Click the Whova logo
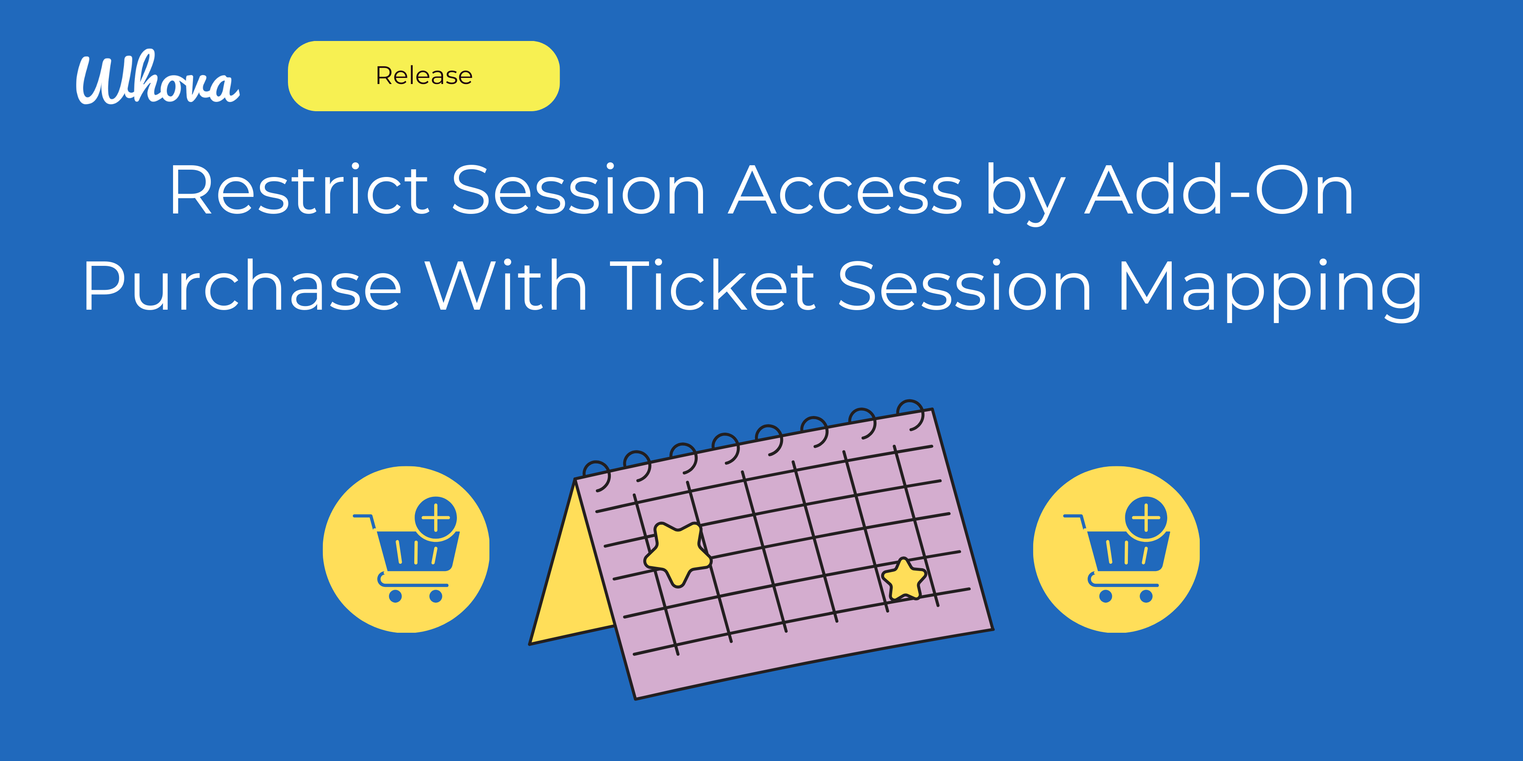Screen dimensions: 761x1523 coord(157,78)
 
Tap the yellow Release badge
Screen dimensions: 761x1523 coord(424,75)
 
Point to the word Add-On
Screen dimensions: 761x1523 coord(1219,190)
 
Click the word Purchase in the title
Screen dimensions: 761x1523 coord(242,287)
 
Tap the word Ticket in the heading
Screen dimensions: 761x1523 coord(712,287)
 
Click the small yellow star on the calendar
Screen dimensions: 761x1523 coord(903,579)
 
